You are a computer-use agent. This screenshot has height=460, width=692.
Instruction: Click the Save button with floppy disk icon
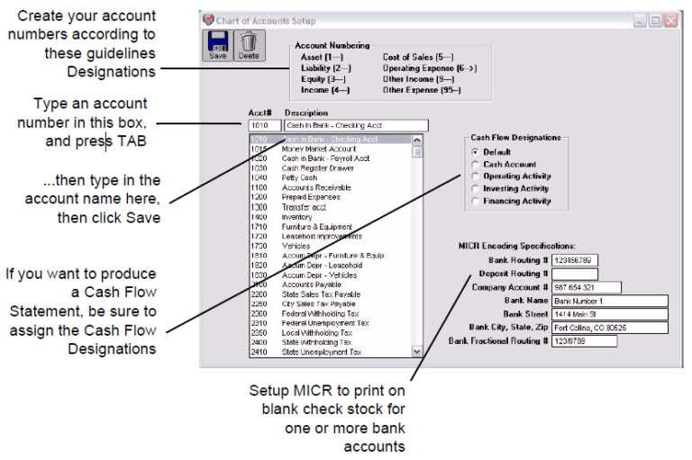[x=218, y=44]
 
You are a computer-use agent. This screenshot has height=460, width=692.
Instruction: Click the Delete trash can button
[x=247, y=44]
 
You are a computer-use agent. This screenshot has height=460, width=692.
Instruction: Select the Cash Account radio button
[x=475, y=165]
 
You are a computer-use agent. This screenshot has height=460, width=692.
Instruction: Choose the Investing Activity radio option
[x=475, y=189]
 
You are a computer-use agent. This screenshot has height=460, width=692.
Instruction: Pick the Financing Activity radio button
[x=475, y=202]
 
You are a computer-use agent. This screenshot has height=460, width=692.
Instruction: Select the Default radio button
[x=475, y=152]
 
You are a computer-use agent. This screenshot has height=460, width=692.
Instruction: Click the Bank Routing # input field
[x=575, y=260]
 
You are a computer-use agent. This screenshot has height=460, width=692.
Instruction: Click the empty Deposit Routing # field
[x=575, y=274]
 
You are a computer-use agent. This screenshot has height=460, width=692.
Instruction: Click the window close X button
[x=669, y=20]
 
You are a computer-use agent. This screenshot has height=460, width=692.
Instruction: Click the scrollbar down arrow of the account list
[x=416, y=352]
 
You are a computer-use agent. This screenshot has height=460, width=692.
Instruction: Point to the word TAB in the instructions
[x=132, y=141]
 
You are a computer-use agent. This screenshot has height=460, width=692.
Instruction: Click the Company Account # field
[x=587, y=287]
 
